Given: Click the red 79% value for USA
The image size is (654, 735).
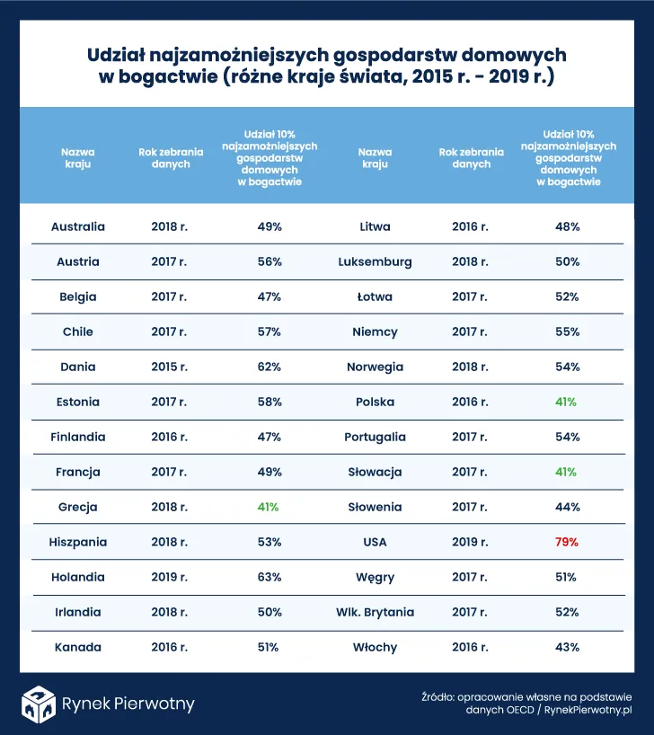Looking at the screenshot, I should coord(567,542).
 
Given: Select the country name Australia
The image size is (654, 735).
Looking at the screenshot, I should coord(78,226).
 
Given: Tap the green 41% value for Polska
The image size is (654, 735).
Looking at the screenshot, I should coord(567,402).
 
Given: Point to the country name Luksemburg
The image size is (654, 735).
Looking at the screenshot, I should coord(375,261).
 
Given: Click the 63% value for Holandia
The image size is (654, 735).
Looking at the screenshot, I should coord(270,577).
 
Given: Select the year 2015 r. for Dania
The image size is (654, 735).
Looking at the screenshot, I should coord(169,367).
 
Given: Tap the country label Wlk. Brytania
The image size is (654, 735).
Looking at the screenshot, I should coord(375,612).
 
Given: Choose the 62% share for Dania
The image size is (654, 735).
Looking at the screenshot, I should coord(270,367).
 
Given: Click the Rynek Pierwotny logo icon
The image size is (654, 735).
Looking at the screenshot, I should coord(39,703).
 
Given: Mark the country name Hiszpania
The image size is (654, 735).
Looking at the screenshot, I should coord(78,542).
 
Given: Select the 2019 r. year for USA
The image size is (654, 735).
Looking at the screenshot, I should coord(470,542).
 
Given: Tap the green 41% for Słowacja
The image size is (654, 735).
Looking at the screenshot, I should coord(567,472).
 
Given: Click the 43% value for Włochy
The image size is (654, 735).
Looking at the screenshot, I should coord(567,647).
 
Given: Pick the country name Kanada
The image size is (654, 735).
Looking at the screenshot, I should coord(78,647).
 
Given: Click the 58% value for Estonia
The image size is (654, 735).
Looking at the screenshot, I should coord(270,402).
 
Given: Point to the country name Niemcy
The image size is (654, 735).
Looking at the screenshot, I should coord(375,332).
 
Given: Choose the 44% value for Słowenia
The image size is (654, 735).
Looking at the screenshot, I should coord(567,507).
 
